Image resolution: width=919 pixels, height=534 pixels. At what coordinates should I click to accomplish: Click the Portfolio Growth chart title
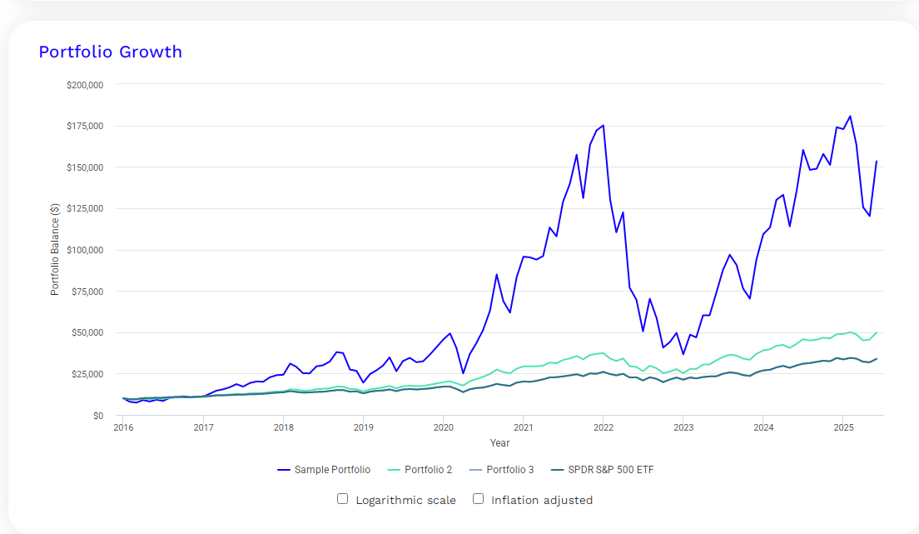pos(110,52)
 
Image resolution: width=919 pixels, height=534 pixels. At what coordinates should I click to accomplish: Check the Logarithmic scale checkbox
pos(342,499)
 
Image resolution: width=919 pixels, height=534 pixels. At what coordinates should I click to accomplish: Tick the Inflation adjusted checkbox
pos(478,499)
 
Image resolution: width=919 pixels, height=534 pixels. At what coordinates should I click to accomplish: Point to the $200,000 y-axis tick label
pos(84,85)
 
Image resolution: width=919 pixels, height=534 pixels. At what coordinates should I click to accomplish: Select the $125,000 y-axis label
pos(84,209)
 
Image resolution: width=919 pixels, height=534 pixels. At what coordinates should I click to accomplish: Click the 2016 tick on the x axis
pos(123,428)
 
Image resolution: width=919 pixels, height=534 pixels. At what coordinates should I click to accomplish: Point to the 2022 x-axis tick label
pos(604,428)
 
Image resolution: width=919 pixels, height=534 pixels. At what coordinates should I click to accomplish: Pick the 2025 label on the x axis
pos(844,428)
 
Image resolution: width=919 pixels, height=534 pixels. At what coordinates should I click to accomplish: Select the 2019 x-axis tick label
pos(363,428)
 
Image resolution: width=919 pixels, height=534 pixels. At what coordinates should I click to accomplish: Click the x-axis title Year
pos(499,442)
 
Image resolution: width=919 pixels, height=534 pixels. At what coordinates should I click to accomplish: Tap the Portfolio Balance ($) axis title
pos(55,250)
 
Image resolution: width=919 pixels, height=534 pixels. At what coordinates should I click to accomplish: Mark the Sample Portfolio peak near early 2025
pos(850,116)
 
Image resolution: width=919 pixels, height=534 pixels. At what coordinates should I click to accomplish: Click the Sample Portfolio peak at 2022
pos(603,125)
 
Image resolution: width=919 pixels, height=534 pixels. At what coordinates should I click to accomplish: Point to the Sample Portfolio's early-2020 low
pos(463,373)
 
